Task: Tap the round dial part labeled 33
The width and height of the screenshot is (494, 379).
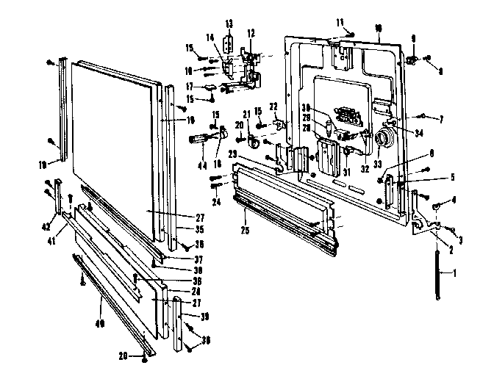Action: pyautogui.click(x=382, y=139)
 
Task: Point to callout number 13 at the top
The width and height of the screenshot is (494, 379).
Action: pyautogui.click(x=229, y=24)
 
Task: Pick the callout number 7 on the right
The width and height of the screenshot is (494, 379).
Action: pyautogui.click(x=443, y=118)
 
